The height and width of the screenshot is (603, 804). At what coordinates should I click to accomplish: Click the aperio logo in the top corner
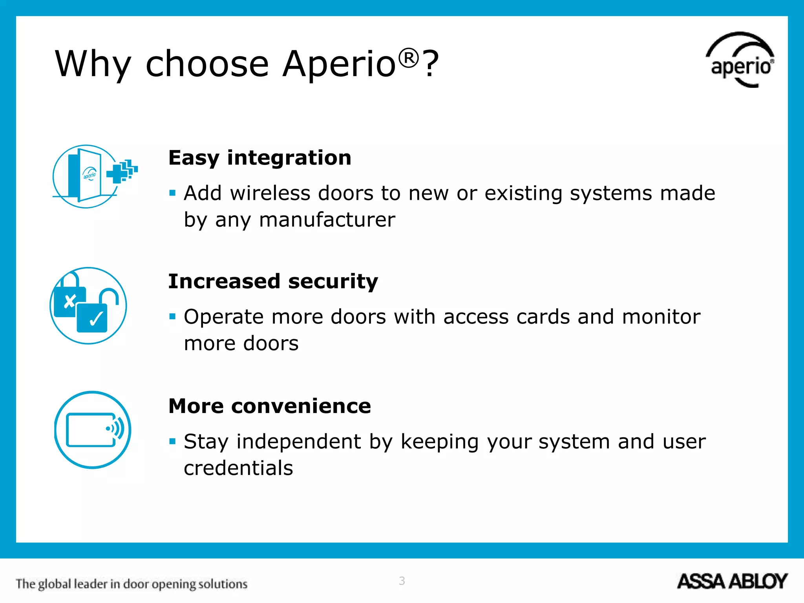(740, 61)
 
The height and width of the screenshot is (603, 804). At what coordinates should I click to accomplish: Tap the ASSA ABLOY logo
(732, 581)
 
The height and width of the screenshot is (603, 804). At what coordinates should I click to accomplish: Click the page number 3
(402, 581)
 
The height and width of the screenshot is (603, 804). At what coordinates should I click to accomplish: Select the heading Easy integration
(259, 158)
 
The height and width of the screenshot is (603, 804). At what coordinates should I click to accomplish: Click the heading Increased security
(273, 281)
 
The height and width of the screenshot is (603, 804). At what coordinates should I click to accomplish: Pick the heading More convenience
(269, 406)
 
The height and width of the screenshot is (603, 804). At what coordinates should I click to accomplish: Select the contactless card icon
(93, 429)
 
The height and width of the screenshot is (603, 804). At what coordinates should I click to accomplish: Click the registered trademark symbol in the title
(409, 58)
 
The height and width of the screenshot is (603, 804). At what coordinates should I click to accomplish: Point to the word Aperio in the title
(339, 64)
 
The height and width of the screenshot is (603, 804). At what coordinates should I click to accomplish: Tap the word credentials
(238, 468)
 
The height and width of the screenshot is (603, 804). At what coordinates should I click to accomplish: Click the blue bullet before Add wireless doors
(172, 193)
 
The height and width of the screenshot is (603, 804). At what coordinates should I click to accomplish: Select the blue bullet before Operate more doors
(172, 316)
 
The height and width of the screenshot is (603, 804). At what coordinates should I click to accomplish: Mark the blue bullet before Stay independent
(172, 441)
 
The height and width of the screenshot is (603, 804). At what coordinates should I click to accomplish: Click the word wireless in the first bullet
(270, 193)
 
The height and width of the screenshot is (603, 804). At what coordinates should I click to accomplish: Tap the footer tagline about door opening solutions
(132, 584)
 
